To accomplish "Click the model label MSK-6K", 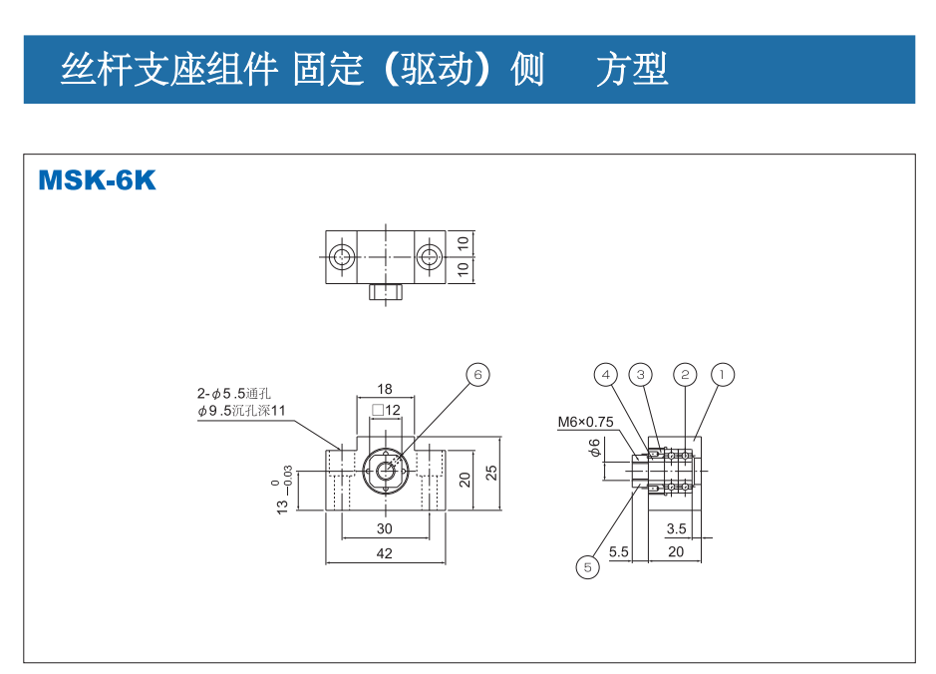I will [x=97, y=180].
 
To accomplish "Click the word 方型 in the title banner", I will [x=632, y=69].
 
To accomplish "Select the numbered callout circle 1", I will [x=723, y=375].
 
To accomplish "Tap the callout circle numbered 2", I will [x=685, y=375].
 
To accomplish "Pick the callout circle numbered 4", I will [x=605, y=375].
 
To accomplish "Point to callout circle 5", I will [x=587, y=567].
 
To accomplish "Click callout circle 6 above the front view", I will [x=477, y=374].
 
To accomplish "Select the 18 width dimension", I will [x=385, y=389].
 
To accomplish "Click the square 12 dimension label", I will [x=385, y=410].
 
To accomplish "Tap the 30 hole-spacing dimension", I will [x=385, y=528].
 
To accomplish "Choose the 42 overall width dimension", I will [x=385, y=553].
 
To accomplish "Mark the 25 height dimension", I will [x=491, y=473].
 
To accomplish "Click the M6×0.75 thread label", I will [x=585, y=422].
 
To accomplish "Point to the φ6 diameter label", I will [x=595, y=448].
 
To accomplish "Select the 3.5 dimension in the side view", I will [x=677, y=528].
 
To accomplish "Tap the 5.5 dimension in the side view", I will [x=618, y=551].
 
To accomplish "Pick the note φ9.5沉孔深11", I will [x=241, y=410].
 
